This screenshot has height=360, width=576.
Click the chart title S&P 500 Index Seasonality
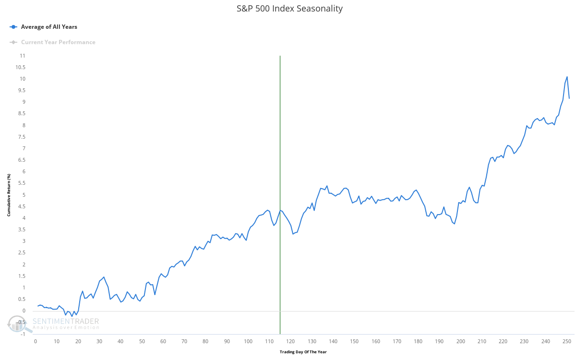coord(289,9)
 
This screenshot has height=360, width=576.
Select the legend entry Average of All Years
coord(48,27)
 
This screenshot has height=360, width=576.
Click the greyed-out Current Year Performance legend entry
coord(58,42)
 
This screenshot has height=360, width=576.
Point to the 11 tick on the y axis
coord(23,56)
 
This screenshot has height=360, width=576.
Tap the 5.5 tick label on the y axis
coord(22,183)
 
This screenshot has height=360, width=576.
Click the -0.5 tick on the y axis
coord(21,323)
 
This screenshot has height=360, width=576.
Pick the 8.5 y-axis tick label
coord(22,114)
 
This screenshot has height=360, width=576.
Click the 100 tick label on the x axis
coord(248,341)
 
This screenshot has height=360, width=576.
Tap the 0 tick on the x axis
coord(35,341)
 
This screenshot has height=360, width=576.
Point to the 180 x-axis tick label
coord(419,341)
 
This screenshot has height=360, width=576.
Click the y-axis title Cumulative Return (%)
coord(9,195)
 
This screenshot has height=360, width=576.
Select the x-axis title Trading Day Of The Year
coord(303,352)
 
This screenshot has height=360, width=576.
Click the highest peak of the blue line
coord(567,77)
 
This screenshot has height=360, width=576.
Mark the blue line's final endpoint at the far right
coord(569,98)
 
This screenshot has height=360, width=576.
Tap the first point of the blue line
coord(37,306)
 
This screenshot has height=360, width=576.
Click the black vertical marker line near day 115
coord(280,144)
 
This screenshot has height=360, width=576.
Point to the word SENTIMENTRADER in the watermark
coord(66,321)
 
